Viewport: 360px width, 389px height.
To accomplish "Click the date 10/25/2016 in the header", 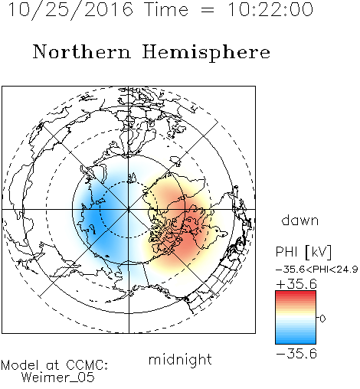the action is click(70, 10).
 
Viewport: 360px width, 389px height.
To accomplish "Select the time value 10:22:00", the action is click(270, 9).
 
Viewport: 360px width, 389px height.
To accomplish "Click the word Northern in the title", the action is click(82, 51).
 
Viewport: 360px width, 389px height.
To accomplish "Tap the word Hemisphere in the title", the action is click(206, 53).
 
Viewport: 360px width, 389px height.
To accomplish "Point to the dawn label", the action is click(300, 220).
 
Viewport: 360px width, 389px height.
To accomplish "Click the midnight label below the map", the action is click(180, 359).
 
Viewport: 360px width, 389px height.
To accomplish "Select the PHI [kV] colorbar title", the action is click(303, 252).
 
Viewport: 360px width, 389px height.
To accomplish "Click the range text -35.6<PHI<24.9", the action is click(316, 270).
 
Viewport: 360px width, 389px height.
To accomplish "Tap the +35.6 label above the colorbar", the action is click(296, 284).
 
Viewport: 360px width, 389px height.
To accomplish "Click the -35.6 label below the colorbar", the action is click(296, 354).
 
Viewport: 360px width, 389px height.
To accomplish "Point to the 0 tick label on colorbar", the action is click(322, 319).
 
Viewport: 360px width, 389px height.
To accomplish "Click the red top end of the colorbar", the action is click(296, 293).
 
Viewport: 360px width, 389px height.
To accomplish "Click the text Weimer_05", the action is click(58, 378).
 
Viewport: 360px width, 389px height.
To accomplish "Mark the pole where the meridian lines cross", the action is click(129, 210).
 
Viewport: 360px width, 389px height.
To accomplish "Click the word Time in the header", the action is click(166, 9).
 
